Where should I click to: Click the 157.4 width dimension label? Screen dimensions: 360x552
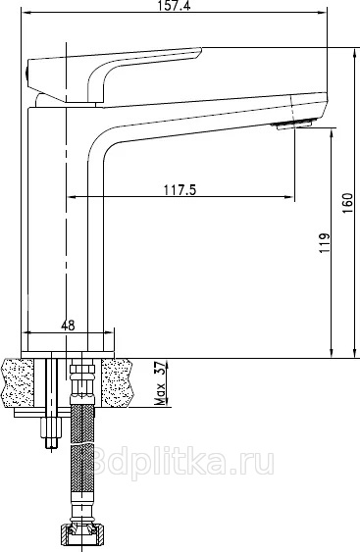174,6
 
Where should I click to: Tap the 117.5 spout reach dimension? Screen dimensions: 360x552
180,190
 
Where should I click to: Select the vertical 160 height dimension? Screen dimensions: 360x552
347,203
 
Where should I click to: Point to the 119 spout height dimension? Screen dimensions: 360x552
325,243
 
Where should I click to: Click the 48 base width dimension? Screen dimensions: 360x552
68,326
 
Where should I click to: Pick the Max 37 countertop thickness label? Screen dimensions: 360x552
160,383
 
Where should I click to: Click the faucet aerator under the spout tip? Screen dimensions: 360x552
294,125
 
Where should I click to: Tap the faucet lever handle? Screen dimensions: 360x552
114,74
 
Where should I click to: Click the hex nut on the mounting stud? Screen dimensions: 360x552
51,427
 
